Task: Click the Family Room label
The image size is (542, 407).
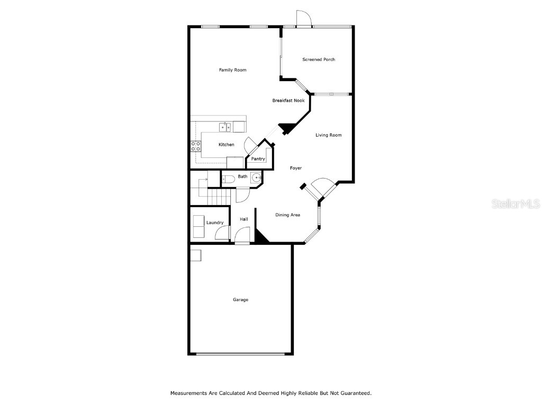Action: click(233, 70)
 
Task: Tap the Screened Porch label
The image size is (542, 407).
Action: click(319, 59)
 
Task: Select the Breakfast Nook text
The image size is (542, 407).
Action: click(288, 101)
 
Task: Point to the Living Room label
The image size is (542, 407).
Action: click(329, 135)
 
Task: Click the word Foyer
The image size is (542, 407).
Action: click(296, 168)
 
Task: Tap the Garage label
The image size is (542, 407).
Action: click(241, 299)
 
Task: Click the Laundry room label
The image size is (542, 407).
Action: click(215, 223)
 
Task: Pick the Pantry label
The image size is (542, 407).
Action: click(258, 159)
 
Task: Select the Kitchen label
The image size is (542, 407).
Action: click(227, 145)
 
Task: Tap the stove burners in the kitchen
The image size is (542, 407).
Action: click(196, 146)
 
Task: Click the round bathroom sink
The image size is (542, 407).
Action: click(256, 178)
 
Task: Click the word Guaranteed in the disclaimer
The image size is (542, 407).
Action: click(356, 393)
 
